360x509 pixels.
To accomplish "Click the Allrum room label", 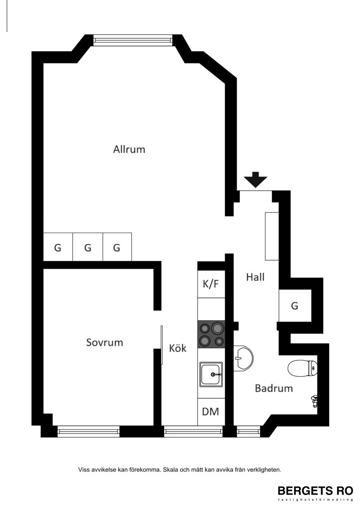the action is click(129, 149).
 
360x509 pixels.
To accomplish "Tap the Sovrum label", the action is click(104, 342).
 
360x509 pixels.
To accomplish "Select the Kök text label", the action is click(178, 348).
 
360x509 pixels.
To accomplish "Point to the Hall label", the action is click(255, 277).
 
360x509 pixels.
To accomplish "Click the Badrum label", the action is click(274, 388).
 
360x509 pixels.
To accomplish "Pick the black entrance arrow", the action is click(256, 180).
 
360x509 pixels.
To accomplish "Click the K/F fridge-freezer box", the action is click(211, 284).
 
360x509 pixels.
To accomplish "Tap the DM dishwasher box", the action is click(211, 412).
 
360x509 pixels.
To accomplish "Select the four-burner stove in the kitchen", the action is click(211, 335).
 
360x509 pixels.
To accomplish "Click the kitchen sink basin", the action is click(211, 374).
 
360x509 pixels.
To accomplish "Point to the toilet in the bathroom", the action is click(302, 368).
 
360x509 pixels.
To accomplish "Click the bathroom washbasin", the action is click(243, 358).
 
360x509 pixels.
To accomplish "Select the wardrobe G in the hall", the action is click(295, 306).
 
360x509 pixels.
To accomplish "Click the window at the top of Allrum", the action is click(133, 40).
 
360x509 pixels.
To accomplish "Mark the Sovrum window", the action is click(89, 431).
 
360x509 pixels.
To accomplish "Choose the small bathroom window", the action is click(248, 431).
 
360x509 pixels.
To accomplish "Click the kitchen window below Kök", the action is click(193, 431).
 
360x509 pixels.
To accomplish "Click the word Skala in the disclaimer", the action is click(171, 469).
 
